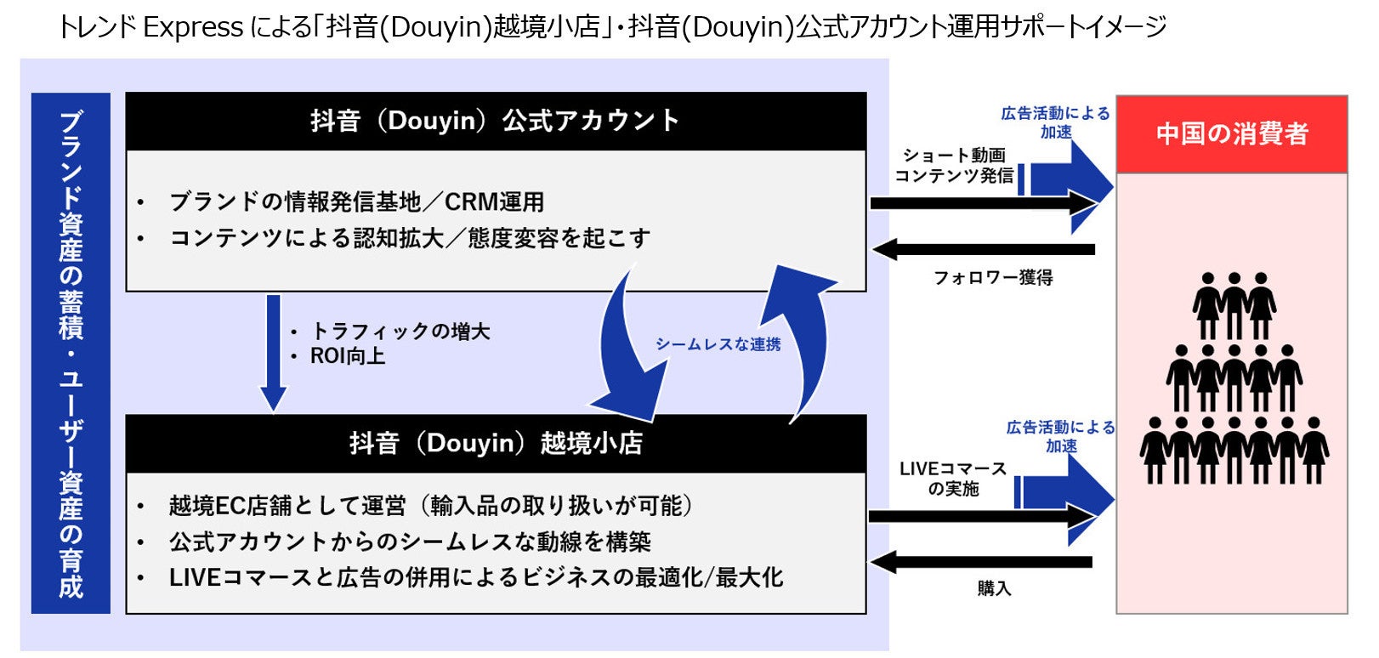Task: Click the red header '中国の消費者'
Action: pyautogui.click(x=1231, y=133)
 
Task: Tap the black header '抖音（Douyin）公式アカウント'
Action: pyautogui.click(x=495, y=121)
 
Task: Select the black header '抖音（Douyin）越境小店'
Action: pyautogui.click(x=495, y=443)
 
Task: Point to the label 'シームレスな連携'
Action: pyautogui.click(x=718, y=344)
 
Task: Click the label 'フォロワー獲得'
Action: pyautogui.click(x=993, y=278)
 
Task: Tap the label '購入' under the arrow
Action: pyautogui.click(x=994, y=588)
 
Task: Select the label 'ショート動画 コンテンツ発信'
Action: pyautogui.click(x=954, y=166)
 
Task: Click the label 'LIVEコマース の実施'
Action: pyautogui.click(x=952, y=479)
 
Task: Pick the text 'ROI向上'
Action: pyautogui.click(x=347, y=356)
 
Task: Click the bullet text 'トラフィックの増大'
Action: pyautogui.click(x=400, y=331)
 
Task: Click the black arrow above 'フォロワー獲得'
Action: pyautogui.click(x=984, y=249)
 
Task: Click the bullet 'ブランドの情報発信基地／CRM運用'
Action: pyautogui.click(x=356, y=202)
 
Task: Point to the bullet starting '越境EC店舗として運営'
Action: pyautogui.click(x=429, y=506)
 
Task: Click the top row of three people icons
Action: pyautogui.click(x=1234, y=305)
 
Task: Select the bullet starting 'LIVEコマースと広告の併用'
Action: pyautogui.click(x=475, y=578)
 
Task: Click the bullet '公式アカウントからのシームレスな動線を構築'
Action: pyautogui.click(x=409, y=542)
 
